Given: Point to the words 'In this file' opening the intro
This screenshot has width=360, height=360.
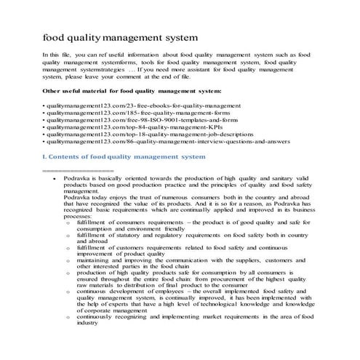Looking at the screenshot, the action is pyautogui.click(x=57, y=55).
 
